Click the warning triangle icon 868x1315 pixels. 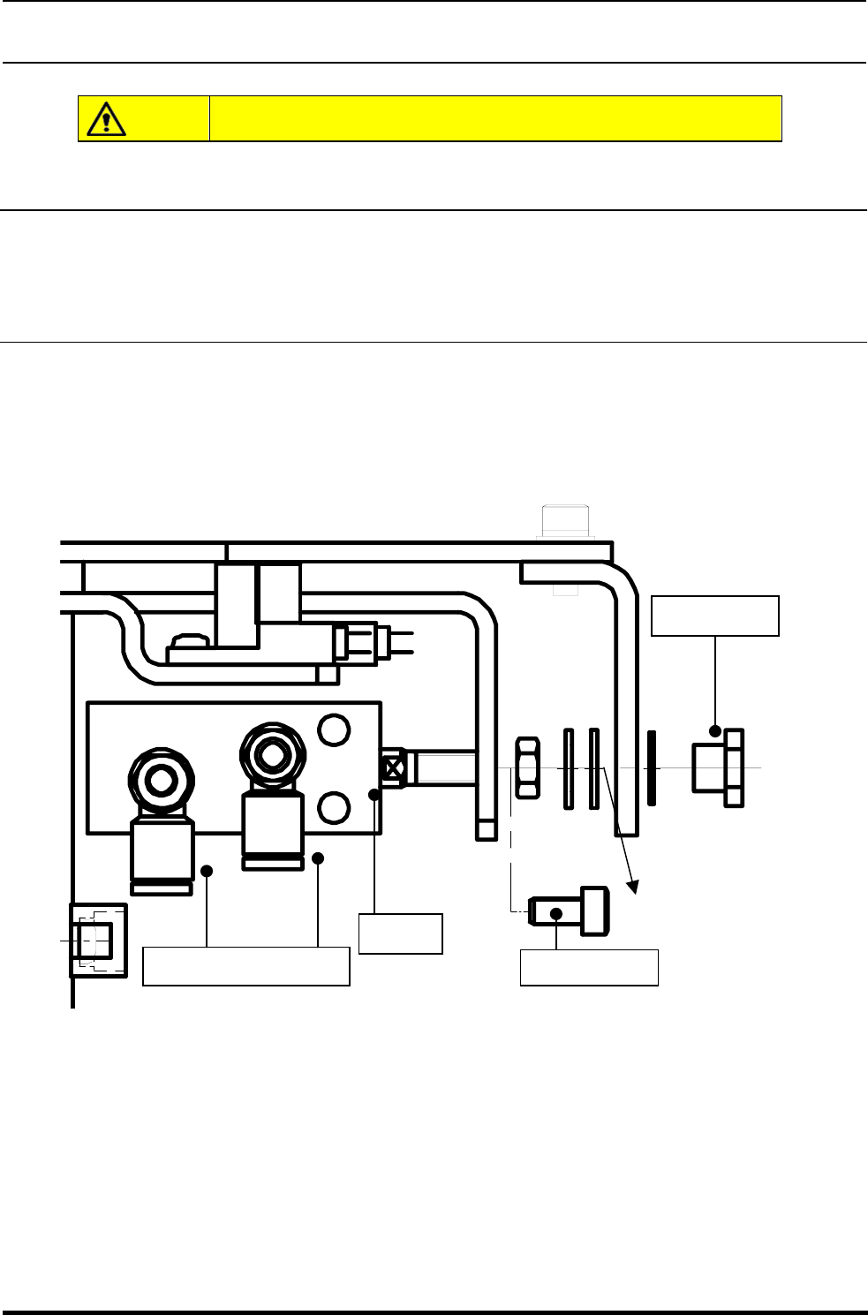point(106,118)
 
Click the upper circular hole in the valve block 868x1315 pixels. point(333,729)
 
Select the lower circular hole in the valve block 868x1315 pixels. point(333,806)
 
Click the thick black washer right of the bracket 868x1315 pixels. point(652,767)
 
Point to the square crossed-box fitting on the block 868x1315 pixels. point(394,767)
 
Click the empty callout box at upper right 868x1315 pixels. point(714,616)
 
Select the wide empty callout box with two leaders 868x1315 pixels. point(245,966)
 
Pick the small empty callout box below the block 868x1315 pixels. point(400,933)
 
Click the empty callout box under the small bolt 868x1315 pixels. point(589,967)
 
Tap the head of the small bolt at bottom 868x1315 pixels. point(594,911)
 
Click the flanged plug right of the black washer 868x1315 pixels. point(717,767)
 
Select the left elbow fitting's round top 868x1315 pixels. point(162,780)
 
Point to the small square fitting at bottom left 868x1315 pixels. point(97,941)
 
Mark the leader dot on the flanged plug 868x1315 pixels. point(714,731)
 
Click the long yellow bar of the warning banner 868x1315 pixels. point(495,118)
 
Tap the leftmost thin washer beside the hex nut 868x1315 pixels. point(569,767)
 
